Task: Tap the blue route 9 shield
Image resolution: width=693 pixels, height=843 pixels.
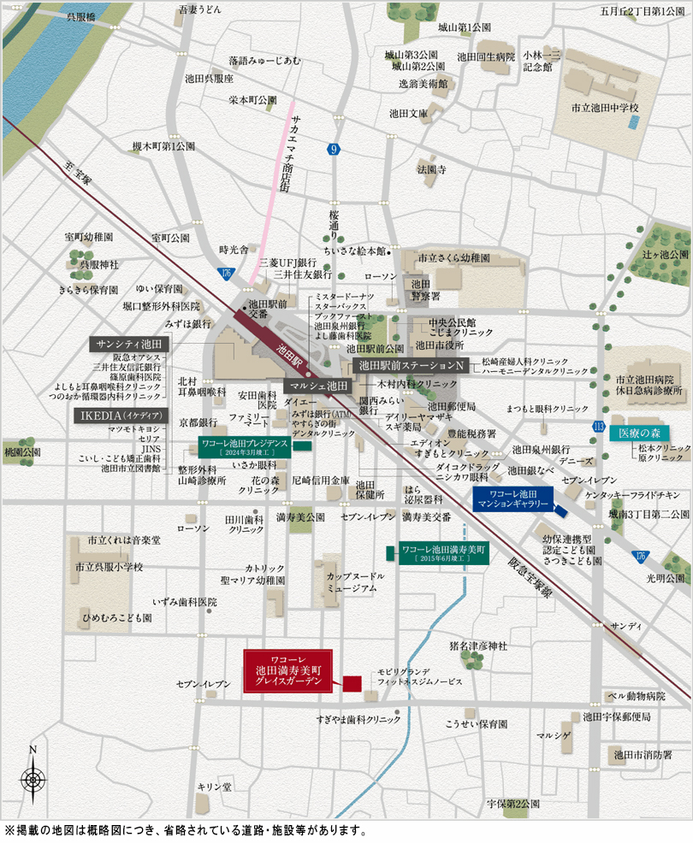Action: click(x=334, y=150)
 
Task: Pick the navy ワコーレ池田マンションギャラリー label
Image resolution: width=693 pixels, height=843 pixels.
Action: click(x=512, y=501)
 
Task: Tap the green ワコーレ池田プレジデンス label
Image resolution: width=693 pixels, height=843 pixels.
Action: click(x=245, y=447)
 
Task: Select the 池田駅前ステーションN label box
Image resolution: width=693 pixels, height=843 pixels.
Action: click(x=412, y=365)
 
